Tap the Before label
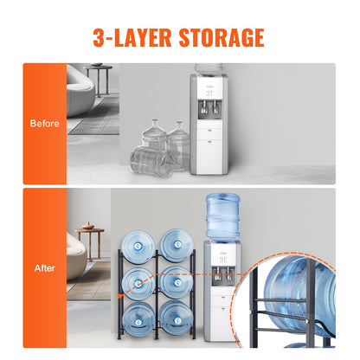click(x=45, y=123)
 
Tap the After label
click(x=44, y=268)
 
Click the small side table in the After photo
click(x=90, y=242)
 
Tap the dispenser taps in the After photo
click(x=221, y=280)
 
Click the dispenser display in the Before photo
click(x=207, y=90)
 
